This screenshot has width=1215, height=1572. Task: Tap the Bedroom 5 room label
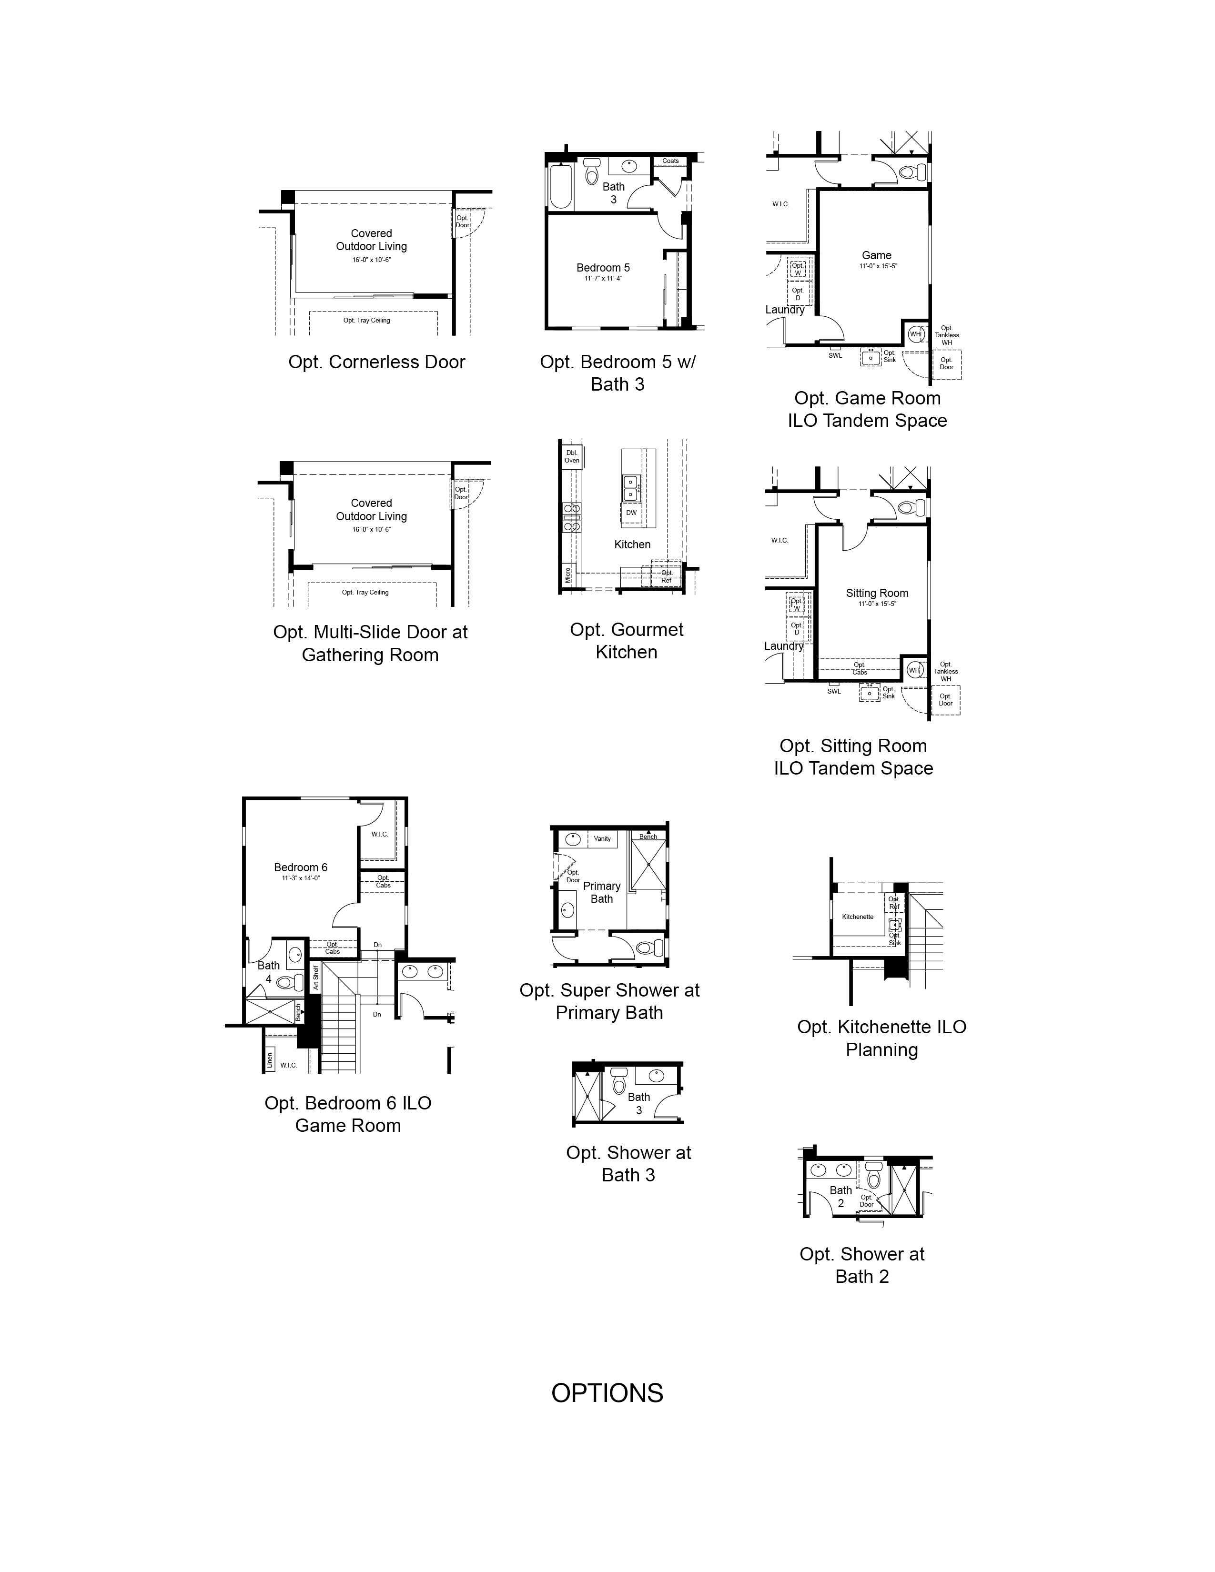[603, 268]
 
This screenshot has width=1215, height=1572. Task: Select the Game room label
[877, 255]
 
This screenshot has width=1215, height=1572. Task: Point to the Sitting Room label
[877, 593]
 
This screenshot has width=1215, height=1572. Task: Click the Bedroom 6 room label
[301, 867]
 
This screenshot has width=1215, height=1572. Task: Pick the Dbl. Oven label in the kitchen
[571, 456]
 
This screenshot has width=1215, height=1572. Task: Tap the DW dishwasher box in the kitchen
[631, 513]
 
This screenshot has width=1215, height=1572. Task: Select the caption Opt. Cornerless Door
[376, 362]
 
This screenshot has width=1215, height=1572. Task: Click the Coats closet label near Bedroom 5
[670, 161]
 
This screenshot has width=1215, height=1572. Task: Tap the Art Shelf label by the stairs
[315, 977]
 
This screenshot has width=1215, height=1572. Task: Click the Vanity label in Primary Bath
[602, 838]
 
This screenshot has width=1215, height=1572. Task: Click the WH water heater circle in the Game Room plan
[916, 334]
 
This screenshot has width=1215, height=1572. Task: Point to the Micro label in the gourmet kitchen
[568, 575]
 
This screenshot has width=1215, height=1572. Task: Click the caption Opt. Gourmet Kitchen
[626, 641]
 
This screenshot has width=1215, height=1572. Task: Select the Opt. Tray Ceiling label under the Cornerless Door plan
[366, 320]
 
